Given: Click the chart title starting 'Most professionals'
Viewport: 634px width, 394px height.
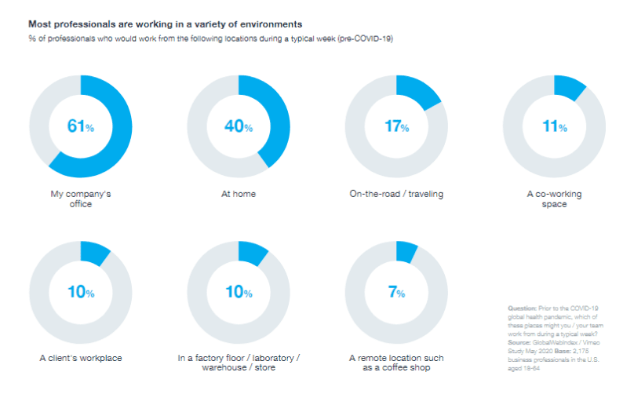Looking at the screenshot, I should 166,25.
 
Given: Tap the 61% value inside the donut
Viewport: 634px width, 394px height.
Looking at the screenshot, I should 80,126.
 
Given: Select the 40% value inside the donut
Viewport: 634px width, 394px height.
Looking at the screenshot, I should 238,126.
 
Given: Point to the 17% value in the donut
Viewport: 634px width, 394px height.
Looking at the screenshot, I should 396,126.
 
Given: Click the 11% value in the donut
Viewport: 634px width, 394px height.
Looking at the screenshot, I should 554,126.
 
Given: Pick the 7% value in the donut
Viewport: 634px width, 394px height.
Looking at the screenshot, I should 396,293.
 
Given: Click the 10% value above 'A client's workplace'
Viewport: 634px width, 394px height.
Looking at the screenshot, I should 80,293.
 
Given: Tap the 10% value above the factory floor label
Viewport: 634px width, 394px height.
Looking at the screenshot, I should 238,293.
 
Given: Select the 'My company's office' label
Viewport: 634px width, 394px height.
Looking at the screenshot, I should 80,199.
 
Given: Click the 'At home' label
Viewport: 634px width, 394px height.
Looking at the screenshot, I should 239,194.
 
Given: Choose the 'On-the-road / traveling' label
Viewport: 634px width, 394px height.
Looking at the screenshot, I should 396,194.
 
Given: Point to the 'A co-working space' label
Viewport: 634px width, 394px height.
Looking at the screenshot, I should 554,199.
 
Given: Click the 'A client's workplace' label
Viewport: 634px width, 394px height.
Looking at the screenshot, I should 81,359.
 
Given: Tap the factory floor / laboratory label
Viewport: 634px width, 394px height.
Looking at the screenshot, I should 239,363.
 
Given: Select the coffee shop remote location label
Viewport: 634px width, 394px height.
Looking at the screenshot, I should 396,363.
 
